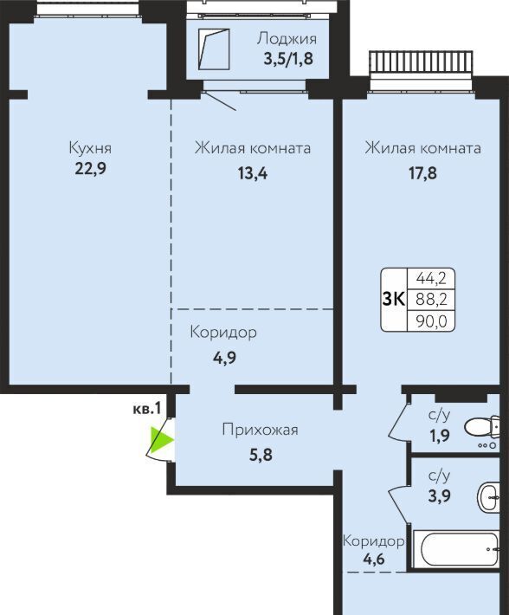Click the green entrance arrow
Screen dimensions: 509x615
[x=161, y=440]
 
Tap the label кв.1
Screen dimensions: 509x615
[x=147, y=409]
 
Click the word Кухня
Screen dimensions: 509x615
[x=90, y=148]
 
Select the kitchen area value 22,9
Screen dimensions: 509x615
[x=91, y=169]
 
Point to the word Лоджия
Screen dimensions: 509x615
[x=287, y=39]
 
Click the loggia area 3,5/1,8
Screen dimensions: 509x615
[x=288, y=58]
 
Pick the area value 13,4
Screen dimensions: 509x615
[x=253, y=173]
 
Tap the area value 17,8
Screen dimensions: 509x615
[x=422, y=173]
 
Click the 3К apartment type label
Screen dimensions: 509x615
[x=393, y=299]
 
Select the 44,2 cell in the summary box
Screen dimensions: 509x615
[x=431, y=278]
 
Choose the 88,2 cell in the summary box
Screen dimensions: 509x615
[x=431, y=299]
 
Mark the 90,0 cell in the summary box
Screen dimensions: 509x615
[x=431, y=320]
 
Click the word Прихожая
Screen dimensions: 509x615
[x=260, y=430]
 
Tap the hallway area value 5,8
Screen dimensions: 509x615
[x=261, y=455]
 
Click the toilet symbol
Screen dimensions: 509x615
[x=482, y=427]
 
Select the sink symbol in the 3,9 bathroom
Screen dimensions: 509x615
[x=488, y=497]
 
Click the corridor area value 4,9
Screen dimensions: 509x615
[x=224, y=358]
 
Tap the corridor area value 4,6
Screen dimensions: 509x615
[x=373, y=559]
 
